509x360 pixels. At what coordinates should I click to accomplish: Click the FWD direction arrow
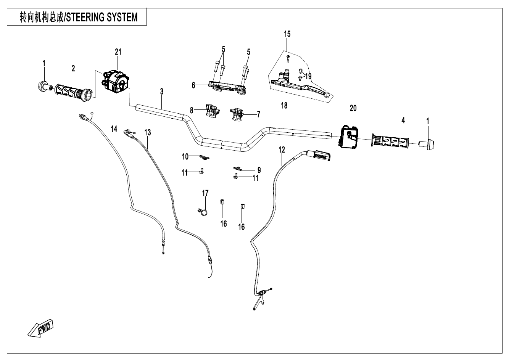[41, 328]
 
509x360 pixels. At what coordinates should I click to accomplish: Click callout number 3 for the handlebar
[162, 92]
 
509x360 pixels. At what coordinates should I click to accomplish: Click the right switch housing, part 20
[348, 137]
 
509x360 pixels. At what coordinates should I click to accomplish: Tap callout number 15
[287, 34]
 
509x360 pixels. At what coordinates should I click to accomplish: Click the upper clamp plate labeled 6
[227, 85]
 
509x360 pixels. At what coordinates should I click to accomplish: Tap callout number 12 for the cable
[282, 150]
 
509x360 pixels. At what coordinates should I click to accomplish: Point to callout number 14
[114, 129]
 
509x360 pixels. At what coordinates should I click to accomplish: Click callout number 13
[148, 132]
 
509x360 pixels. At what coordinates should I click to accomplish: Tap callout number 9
[259, 169]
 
